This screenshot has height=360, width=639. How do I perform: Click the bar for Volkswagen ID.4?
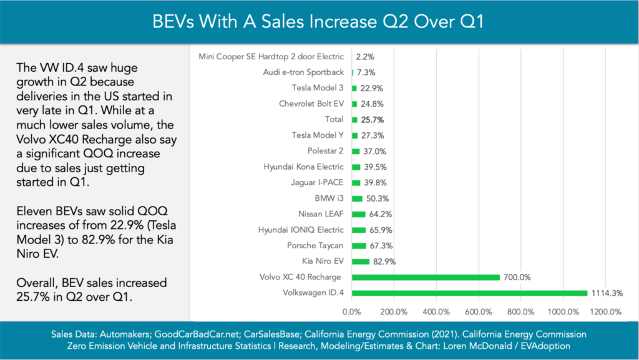point(469,293)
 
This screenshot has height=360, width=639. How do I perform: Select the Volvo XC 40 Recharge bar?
point(426,277)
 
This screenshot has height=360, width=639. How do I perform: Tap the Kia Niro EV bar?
point(361,261)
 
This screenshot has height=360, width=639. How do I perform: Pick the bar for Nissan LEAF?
point(359,214)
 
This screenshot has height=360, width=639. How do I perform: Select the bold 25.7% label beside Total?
point(373,119)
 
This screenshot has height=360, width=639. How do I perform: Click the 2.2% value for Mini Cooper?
point(364,56)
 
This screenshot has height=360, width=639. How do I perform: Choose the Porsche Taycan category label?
point(315,245)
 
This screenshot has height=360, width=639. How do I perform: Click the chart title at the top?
point(319,21)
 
